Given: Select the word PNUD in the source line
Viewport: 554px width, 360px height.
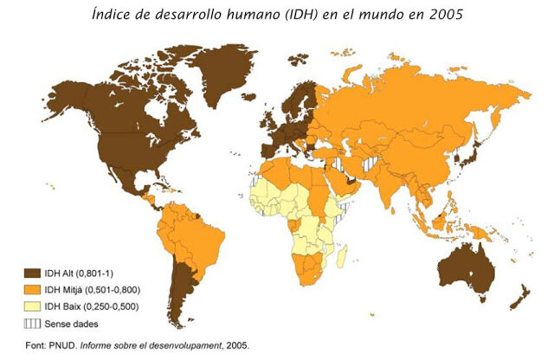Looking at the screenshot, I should point(66,345).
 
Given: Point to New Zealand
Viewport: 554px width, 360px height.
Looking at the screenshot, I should point(518,299).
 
